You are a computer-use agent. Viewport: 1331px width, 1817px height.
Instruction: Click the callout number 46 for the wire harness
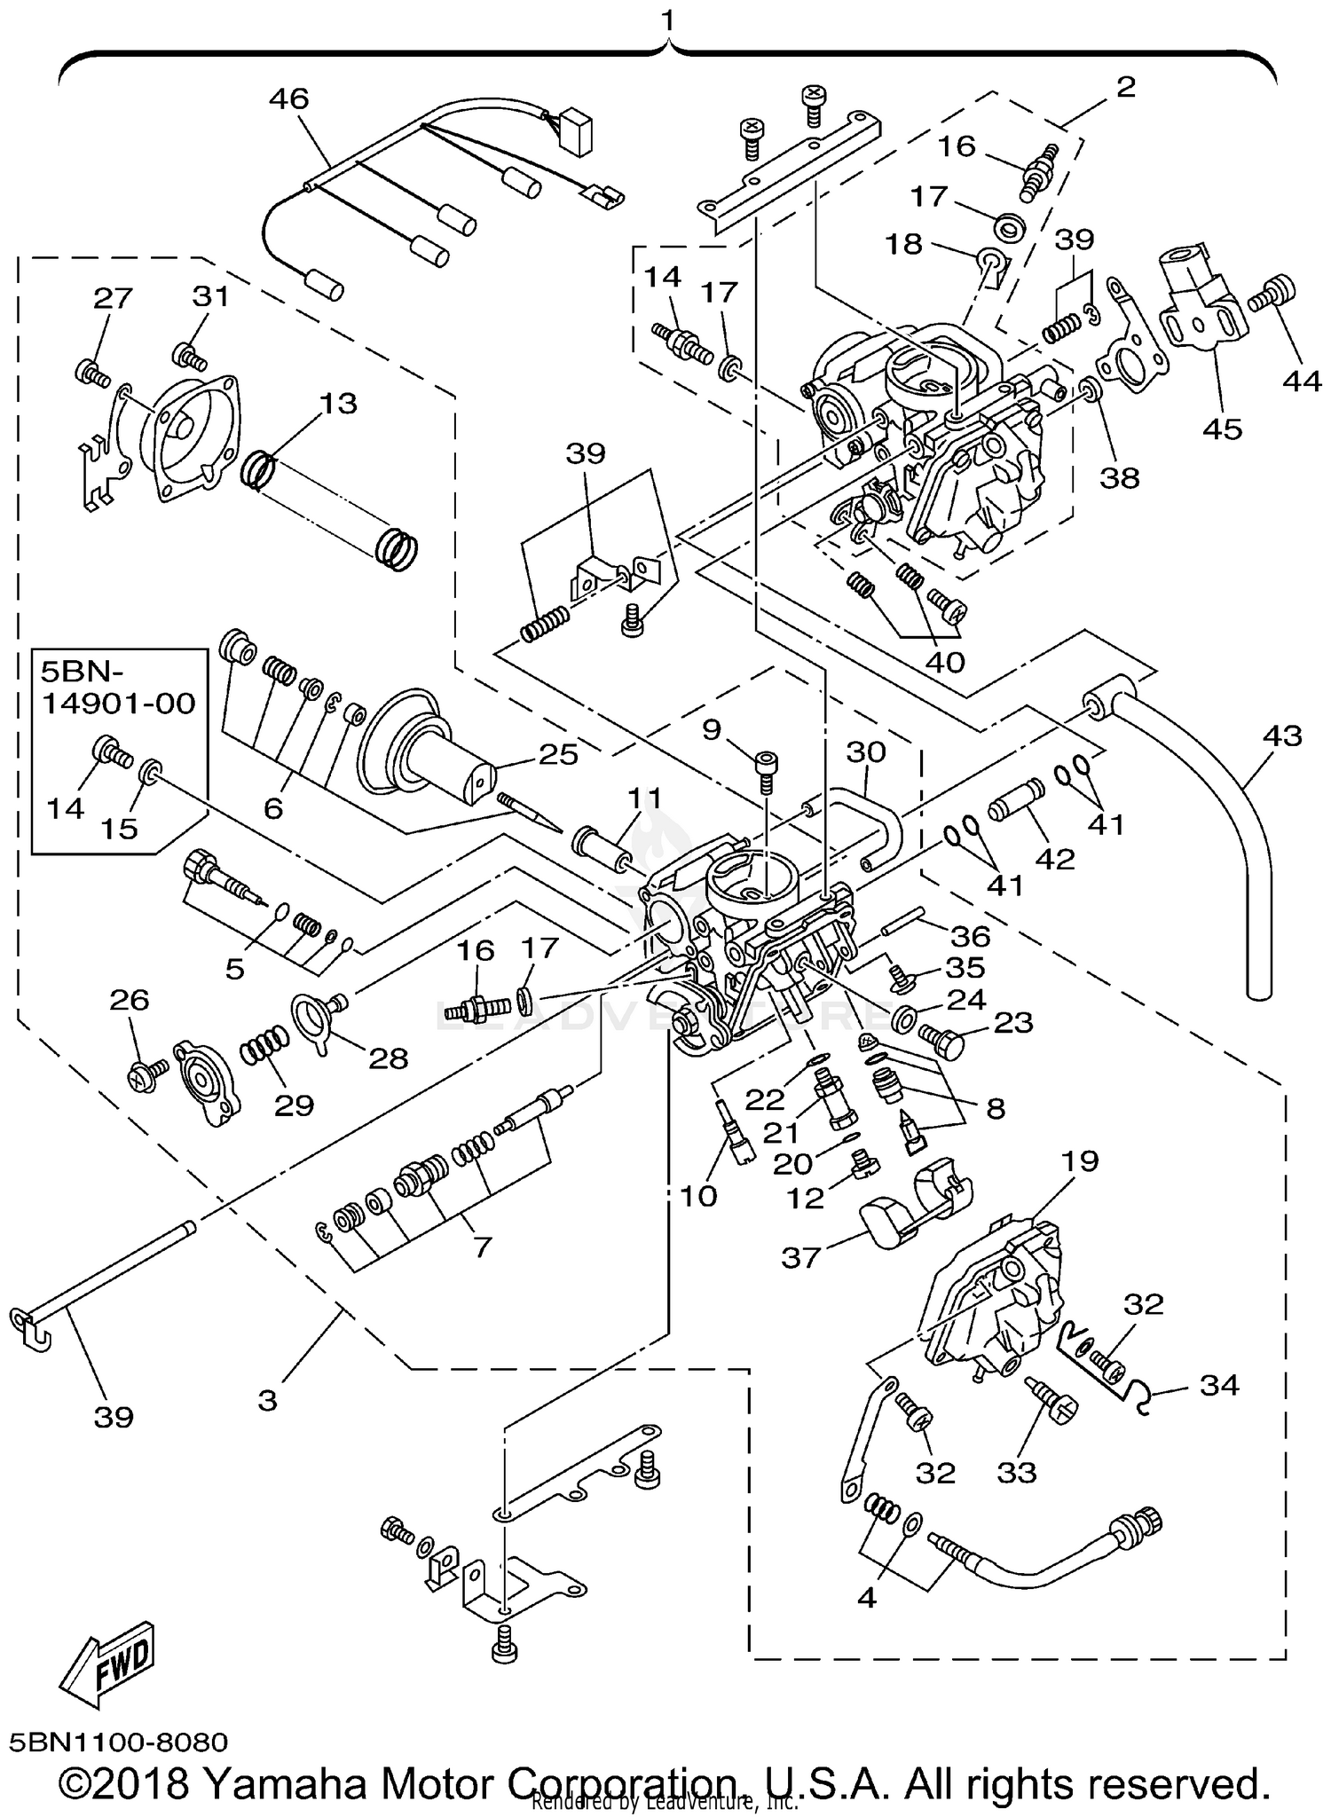pyautogui.click(x=288, y=98)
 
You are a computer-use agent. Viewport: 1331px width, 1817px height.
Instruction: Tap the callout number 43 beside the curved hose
pyautogui.click(x=1282, y=735)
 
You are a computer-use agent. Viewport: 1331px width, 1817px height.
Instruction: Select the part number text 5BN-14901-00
pyautogui.click(x=119, y=688)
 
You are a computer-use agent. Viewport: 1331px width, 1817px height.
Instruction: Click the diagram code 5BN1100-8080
pyautogui.click(x=119, y=1742)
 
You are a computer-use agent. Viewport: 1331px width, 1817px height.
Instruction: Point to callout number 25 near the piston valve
pyautogui.click(x=557, y=754)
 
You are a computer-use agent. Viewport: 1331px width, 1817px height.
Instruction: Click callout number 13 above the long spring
pyautogui.click(x=337, y=404)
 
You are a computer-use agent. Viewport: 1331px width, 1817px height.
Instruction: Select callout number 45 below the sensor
pyautogui.click(x=1222, y=429)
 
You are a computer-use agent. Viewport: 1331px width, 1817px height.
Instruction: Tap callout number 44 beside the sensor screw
pyautogui.click(x=1301, y=381)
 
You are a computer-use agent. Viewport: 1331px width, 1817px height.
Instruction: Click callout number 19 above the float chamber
pyautogui.click(x=1077, y=1160)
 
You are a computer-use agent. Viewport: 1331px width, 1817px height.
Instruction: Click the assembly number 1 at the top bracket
pyautogui.click(x=667, y=20)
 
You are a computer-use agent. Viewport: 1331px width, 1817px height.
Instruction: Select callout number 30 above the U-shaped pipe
pyautogui.click(x=865, y=752)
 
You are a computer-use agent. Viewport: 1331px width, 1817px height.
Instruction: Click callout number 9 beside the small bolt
pyautogui.click(x=712, y=730)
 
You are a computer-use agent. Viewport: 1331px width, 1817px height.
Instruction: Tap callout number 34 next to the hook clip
pyautogui.click(x=1218, y=1384)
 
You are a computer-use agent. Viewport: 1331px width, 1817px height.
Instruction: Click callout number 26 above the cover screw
pyautogui.click(x=130, y=1000)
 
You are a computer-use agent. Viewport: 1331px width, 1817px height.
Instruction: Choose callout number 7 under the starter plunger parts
pyautogui.click(x=482, y=1247)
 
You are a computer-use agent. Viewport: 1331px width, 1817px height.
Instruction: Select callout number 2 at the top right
pyautogui.click(x=1125, y=87)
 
